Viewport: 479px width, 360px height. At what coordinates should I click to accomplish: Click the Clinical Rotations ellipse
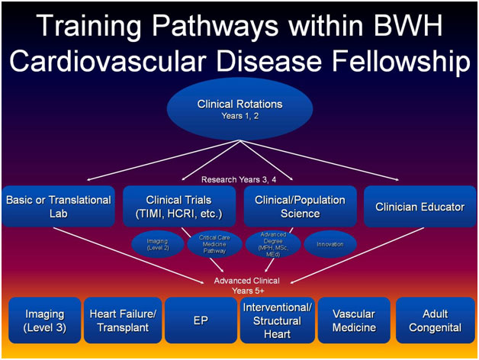pos(239,108)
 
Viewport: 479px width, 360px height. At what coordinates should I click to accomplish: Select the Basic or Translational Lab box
pos(59,206)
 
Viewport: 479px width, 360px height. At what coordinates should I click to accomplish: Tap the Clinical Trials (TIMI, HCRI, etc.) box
pos(179,206)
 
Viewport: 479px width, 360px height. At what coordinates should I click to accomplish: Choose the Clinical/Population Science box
pos(300,206)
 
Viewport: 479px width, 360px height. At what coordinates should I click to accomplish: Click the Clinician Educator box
pos(420,206)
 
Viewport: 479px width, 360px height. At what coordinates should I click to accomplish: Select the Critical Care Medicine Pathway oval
pos(214,244)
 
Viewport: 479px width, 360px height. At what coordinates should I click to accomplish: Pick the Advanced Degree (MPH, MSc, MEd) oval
pos(272,244)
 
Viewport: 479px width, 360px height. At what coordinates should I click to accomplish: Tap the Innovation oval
pos(330,244)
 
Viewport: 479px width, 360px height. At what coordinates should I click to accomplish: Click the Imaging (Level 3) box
pos(44,320)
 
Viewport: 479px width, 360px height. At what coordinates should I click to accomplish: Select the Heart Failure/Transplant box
pos(123,320)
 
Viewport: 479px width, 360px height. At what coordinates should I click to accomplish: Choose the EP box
pos(200,320)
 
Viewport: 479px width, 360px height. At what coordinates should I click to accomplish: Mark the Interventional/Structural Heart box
pos(278,320)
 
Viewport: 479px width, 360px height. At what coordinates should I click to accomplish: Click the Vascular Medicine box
pos(355,320)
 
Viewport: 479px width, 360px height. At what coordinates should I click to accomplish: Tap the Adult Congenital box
pos(434,320)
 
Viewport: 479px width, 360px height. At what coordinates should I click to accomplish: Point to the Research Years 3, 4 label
pos(239,179)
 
